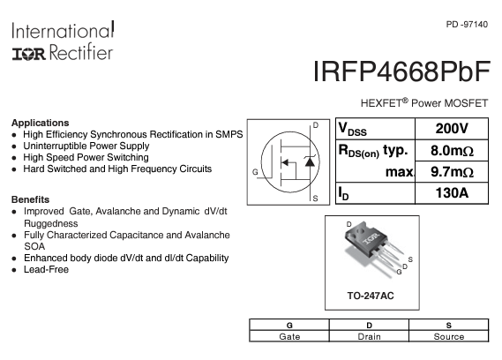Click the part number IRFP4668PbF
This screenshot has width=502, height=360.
pos(401,71)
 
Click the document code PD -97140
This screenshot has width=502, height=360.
pos(467,25)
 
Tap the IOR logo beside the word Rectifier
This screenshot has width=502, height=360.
pos(29,54)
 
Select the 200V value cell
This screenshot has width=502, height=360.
pos(452,129)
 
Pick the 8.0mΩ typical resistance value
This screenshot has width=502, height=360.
pos(452,150)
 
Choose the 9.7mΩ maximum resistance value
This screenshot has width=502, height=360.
pos(452,172)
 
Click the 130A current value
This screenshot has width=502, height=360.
pos(452,193)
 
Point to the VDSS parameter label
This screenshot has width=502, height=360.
pos(353,130)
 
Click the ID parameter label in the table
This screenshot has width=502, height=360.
pos(343,193)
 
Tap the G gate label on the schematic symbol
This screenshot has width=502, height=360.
pos(255,172)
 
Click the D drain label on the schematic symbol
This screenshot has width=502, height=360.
pos(315,125)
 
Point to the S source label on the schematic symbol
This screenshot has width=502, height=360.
pos(315,199)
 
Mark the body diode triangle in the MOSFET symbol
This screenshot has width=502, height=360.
pos(310,161)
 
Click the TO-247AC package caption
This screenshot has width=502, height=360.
pos(371,296)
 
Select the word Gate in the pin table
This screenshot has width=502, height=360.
pos(289,337)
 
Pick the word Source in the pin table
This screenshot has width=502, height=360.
pos(449,337)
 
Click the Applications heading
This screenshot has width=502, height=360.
pos(41,123)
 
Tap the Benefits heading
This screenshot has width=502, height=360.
pos(30,199)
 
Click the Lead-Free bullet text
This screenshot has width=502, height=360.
pos(46,269)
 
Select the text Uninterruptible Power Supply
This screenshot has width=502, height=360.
pos(86,146)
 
